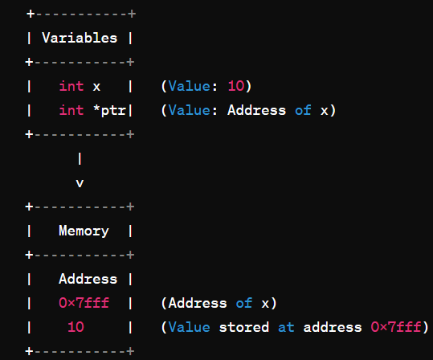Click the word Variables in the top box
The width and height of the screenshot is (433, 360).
click(80, 38)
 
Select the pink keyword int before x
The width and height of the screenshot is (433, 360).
click(71, 86)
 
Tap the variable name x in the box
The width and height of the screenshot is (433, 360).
click(96, 87)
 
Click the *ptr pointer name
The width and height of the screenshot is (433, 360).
click(109, 111)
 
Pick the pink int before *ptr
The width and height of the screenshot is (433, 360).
click(71, 110)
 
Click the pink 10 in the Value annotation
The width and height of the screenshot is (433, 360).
click(236, 86)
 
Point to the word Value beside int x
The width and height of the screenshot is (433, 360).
click(189, 86)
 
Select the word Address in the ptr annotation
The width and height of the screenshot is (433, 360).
click(256, 110)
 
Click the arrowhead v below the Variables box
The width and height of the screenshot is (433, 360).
click(80, 183)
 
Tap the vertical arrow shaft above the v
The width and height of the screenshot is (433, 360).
click(80, 158)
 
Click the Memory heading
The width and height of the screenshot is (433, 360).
click(84, 231)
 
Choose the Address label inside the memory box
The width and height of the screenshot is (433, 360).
click(88, 279)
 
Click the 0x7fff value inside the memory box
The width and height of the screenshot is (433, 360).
click(84, 303)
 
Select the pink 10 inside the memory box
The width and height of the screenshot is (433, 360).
click(76, 327)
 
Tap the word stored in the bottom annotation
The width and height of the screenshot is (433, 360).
click(244, 327)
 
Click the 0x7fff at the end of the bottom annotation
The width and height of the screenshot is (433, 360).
click(396, 327)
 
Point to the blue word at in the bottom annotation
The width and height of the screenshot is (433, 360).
click(286, 327)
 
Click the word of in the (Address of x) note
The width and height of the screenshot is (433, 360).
click(244, 303)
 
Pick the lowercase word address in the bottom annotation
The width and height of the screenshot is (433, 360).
click(333, 327)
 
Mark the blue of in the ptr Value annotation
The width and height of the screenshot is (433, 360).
click(303, 110)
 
